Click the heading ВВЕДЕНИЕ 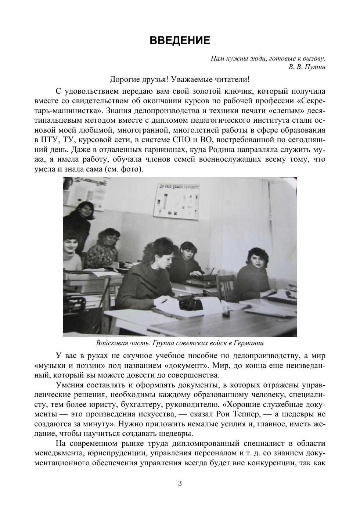tap(180, 40)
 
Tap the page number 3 tap(180, 483)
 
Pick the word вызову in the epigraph tap(315, 58)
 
